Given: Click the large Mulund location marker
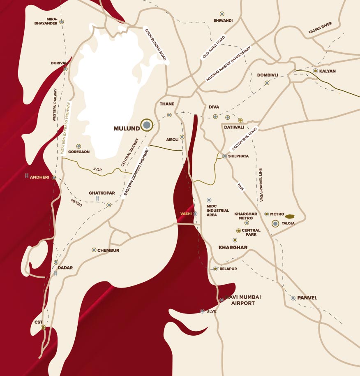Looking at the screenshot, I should [x=146, y=125].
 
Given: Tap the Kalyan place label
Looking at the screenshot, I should [x=327, y=71].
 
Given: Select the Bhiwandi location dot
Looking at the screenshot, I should [x=222, y=14].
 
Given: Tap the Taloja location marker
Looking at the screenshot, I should [x=276, y=224].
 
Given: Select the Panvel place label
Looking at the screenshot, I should [x=307, y=298].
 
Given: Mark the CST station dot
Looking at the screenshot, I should [x=43, y=328].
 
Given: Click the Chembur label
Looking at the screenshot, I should [x=108, y=250].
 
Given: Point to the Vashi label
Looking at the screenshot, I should [x=186, y=214].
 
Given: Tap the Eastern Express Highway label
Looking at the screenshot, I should [x=136, y=174].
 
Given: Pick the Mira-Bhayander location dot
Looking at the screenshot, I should [x=62, y=22].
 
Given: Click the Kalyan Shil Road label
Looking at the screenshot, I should [x=244, y=138].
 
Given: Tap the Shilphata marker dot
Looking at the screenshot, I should [x=225, y=156].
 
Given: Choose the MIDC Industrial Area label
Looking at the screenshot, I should [x=217, y=210].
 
